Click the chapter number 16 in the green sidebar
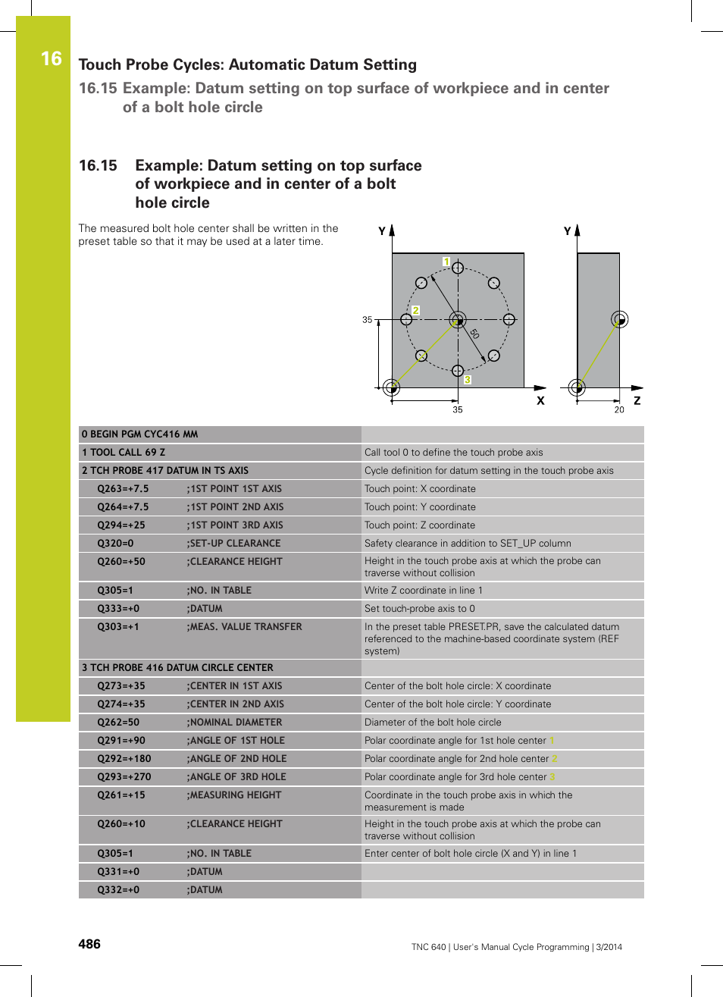pyautogui.click(x=51, y=59)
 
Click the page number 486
pyautogui.click(x=89, y=944)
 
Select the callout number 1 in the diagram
pyautogui.click(x=446, y=262)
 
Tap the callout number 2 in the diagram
pyautogui.click(x=415, y=310)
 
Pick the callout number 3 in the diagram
pyautogui.click(x=468, y=380)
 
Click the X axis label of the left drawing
pyautogui.click(x=540, y=400)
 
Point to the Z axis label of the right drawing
pyautogui.click(x=637, y=400)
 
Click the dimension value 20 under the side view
pyautogui.click(x=619, y=410)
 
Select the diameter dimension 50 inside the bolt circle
pyautogui.click(x=474, y=334)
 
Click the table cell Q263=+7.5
pyautogui.click(x=123, y=489)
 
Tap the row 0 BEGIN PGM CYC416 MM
pyautogui.click(x=140, y=434)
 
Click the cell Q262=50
pyautogui.click(x=118, y=723)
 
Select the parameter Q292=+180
pyautogui.click(x=124, y=759)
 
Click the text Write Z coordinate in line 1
pyautogui.click(x=423, y=591)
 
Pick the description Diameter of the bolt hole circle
pyautogui.click(x=433, y=723)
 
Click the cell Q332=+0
pyautogui.click(x=118, y=890)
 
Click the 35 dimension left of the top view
pyautogui.click(x=367, y=320)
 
